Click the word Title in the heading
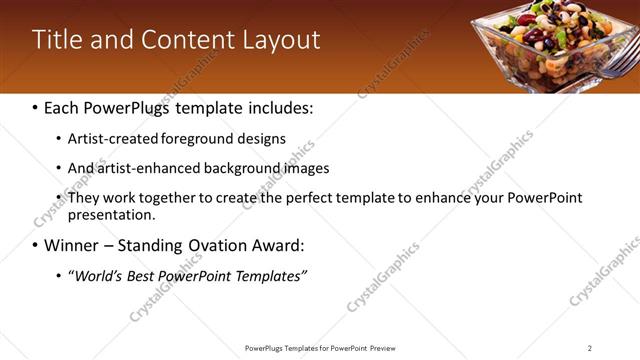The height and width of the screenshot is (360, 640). tap(58, 40)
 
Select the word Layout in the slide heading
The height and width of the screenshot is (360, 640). tap(282, 40)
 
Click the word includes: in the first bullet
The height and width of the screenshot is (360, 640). tap(280, 106)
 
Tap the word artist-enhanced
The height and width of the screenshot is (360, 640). tap(146, 168)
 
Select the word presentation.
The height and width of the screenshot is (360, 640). tap(110, 214)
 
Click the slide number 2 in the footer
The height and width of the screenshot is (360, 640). tap(589, 348)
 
